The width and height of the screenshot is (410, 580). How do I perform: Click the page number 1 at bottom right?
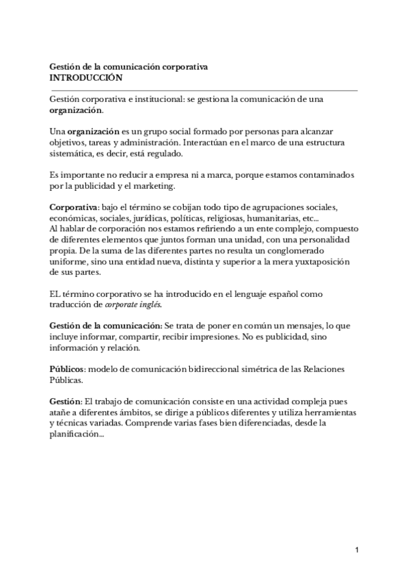357,550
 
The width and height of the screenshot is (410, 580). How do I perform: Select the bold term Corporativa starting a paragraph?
74,207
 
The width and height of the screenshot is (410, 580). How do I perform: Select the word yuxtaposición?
320,262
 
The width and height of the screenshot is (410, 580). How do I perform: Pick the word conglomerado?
314,251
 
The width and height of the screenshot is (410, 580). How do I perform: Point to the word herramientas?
325,412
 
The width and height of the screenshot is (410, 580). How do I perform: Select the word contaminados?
324,175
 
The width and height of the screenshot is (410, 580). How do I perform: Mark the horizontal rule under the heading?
204,90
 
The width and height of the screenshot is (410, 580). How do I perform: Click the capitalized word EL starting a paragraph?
56,293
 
